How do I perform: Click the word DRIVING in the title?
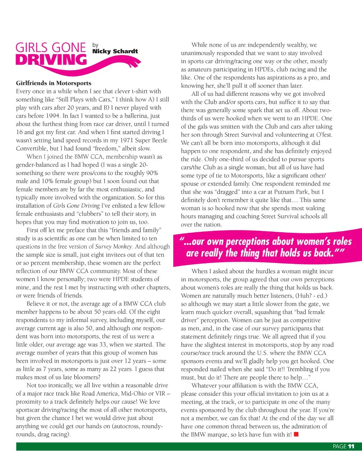[x=51, y=60]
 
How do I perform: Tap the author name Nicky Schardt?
[x=115, y=52]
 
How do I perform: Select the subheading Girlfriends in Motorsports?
[x=53, y=83]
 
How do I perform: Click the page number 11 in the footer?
[x=351, y=446]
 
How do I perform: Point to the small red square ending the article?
[x=296, y=434]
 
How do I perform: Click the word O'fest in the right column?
[x=323, y=135]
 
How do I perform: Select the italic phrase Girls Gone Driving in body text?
[x=76, y=206]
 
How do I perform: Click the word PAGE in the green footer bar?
[x=339, y=446]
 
